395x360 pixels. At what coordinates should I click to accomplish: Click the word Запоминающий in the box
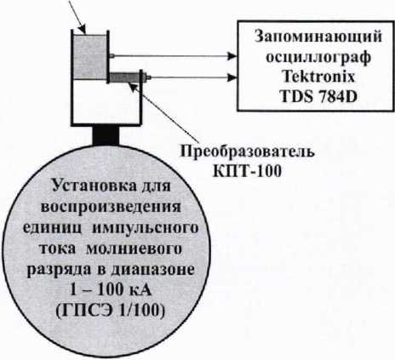318,38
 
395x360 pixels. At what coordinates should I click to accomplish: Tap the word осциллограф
318,58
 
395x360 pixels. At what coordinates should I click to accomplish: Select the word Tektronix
318,77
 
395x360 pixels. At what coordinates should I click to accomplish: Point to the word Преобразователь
248,151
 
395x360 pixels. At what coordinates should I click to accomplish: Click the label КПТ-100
247,171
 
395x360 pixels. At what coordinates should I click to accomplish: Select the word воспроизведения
111,207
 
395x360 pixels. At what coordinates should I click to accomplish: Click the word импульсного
145,228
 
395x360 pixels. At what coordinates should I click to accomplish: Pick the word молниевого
134,249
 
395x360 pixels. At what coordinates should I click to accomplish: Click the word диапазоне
152,269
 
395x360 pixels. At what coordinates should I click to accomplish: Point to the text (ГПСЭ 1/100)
111,311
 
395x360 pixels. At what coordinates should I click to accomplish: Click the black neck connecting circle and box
106,135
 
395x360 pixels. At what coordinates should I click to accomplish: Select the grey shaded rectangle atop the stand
89,57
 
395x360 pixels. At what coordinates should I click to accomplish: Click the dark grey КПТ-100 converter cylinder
125,77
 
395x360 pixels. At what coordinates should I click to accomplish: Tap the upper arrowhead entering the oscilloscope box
232,56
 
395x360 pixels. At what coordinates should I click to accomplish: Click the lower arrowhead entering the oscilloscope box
232,77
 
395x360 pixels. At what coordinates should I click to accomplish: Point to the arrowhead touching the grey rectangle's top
82,30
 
